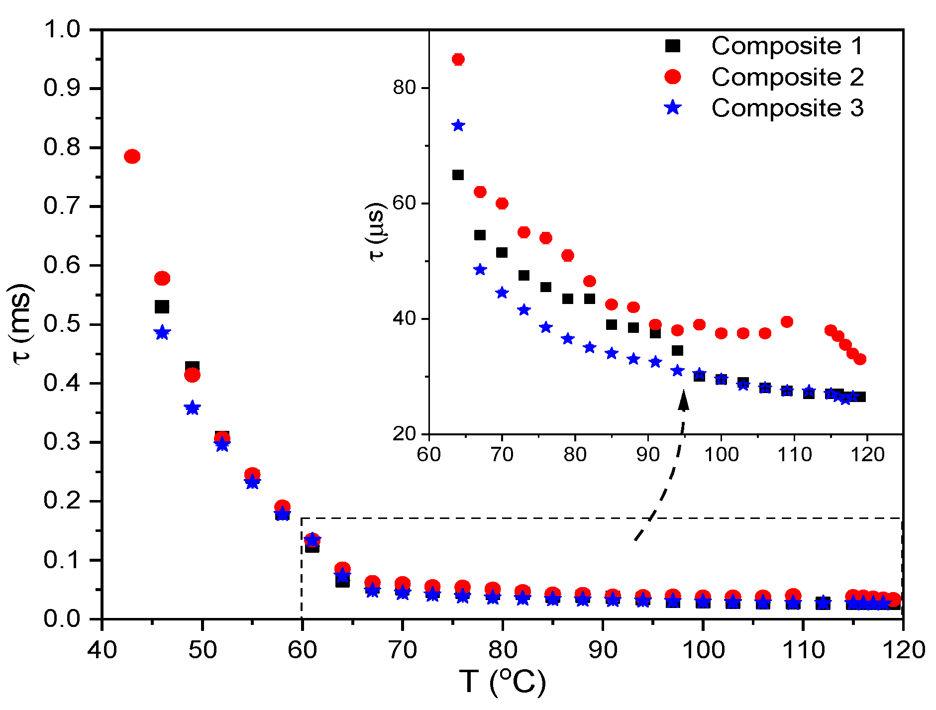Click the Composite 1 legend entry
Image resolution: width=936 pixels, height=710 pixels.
(787, 46)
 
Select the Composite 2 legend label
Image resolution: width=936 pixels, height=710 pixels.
(787, 77)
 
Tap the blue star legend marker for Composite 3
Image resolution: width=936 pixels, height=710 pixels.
(673, 107)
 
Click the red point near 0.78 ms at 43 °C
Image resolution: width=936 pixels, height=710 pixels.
(132, 157)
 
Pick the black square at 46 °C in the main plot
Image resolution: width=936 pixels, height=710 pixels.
(162, 307)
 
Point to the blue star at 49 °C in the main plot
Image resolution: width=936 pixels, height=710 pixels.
(192, 408)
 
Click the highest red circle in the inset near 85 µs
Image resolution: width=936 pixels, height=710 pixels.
(458, 60)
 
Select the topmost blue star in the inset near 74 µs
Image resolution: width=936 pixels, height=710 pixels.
(458, 125)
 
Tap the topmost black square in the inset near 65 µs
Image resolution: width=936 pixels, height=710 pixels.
(458, 175)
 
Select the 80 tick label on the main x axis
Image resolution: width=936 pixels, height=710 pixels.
(503, 650)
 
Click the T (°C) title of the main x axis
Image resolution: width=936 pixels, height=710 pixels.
(503, 682)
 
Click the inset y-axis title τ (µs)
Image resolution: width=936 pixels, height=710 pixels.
(377, 232)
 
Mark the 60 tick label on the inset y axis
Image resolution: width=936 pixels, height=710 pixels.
(404, 203)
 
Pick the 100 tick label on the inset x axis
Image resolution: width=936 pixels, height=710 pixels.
(721, 454)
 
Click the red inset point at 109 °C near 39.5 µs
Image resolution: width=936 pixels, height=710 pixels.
(787, 322)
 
